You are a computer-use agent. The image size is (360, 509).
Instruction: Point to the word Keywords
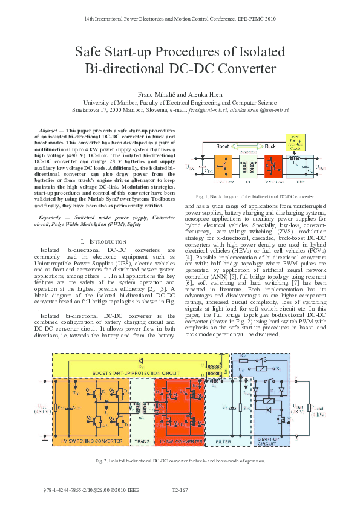click(51, 216)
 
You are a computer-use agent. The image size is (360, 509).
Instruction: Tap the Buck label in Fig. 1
click(271, 146)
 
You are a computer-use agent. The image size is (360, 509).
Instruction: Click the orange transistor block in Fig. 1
click(224, 164)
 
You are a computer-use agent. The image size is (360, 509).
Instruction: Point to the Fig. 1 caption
click(255, 197)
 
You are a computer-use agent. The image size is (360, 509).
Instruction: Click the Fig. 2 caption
click(180, 461)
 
